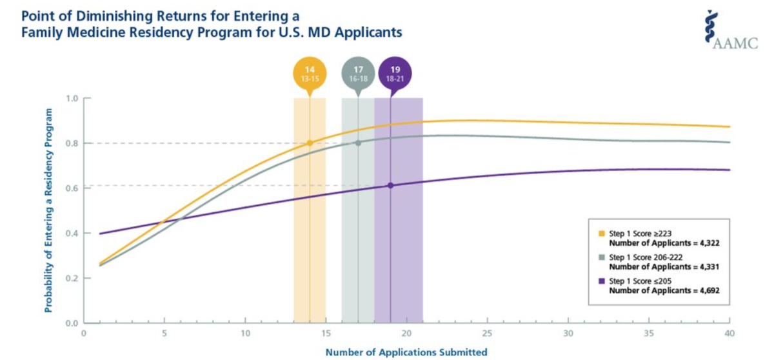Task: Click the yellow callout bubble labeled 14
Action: [x=309, y=73]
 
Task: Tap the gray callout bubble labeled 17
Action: [x=358, y=73]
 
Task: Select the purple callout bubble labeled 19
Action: [x=393, y=73]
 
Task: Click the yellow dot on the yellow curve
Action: [x=310, y=143]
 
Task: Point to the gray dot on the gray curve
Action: [x=358, y=143]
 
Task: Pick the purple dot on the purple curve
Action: [x=390, y=185]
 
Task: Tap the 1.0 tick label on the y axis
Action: [x=71, y=99]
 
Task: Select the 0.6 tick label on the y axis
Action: [x=71, y=188]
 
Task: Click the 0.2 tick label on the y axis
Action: [x=71, y=278]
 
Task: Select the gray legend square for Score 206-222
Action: [x=602, y=257]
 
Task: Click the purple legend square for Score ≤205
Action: [x=602, y=281]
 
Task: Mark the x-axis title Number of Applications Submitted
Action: [x=406, y=352]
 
